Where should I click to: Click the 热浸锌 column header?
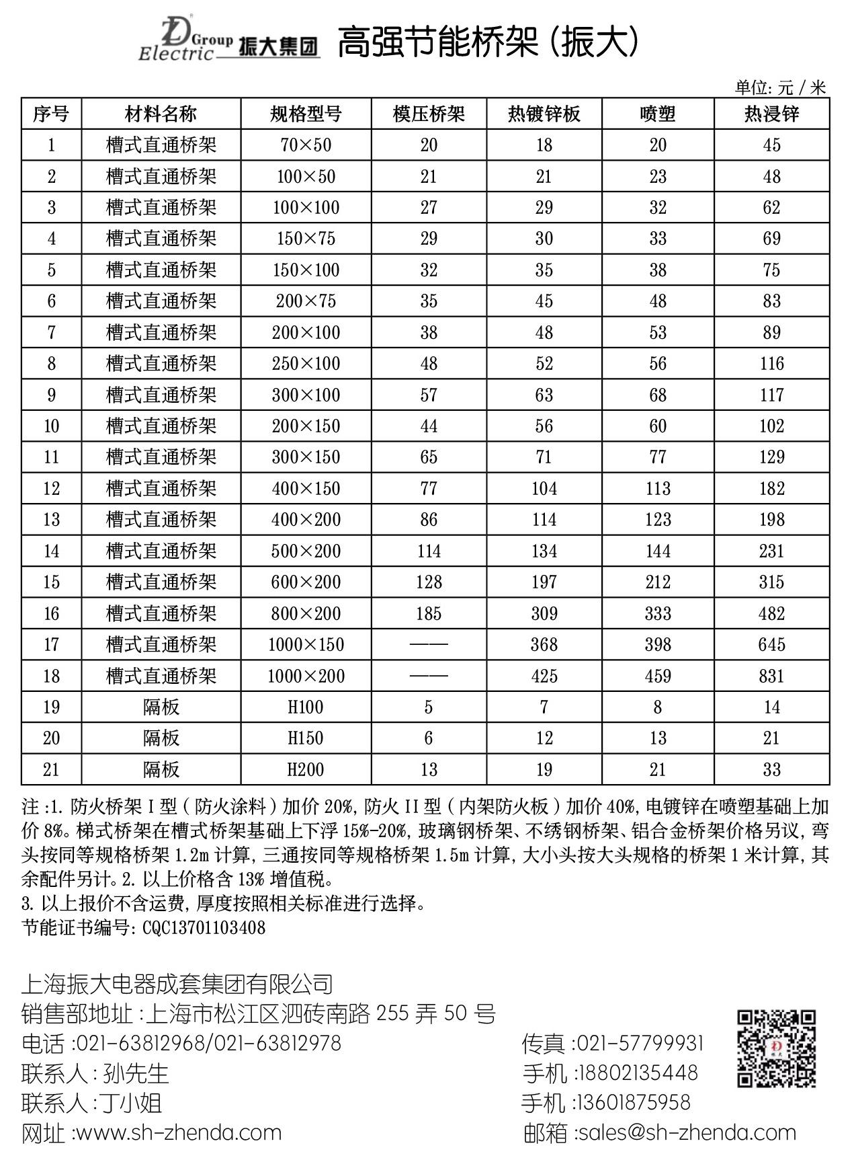pos(771,114)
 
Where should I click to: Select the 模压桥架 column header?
pos(429,114)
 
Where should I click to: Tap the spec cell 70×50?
pos(306,145)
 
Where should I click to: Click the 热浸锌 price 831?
pos(771,676)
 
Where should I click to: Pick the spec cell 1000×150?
pos(306,645)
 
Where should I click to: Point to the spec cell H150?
pos(306,738)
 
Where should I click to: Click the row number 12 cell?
pos(52,489)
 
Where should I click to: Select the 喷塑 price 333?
pos(658,613)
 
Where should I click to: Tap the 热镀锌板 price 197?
pos(544,582)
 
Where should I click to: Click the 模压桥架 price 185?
pos(429,613)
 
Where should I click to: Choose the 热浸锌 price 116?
pos(771,364)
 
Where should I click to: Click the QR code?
pos(776,1048)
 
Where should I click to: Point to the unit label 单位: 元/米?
pos(780,87)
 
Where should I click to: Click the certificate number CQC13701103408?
pos(204,928)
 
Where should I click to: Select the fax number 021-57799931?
pos(640,1043)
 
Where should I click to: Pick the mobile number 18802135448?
pos(638,1073)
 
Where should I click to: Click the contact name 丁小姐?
pos(131,1103)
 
